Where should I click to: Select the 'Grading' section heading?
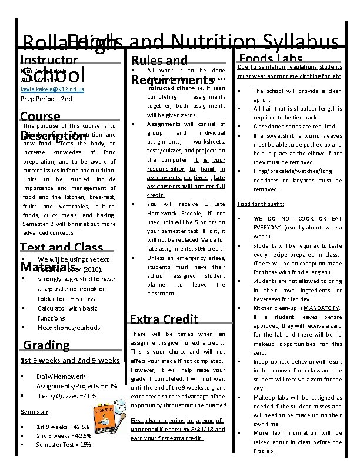(46, 345)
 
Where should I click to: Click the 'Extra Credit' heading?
(164, 319)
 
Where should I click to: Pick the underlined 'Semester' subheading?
(34, 412)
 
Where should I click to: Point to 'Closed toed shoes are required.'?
(295, 126)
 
